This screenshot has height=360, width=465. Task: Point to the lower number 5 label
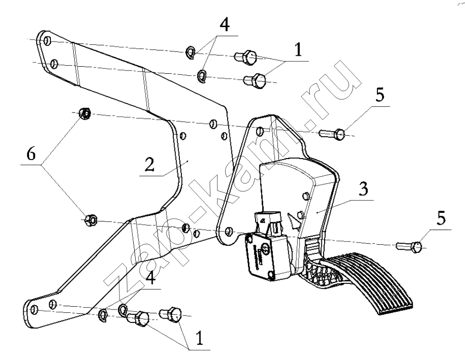coord(441,219)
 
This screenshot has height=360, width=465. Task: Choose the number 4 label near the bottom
coord(150,278)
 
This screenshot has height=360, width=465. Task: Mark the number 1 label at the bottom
coord(199,338)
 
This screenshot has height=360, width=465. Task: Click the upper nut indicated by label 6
coord(85,114)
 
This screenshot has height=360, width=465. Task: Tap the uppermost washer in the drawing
coord(189,52)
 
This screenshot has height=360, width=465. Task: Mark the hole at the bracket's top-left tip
coord(46,41)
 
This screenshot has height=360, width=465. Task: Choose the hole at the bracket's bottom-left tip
coord(33,310)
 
